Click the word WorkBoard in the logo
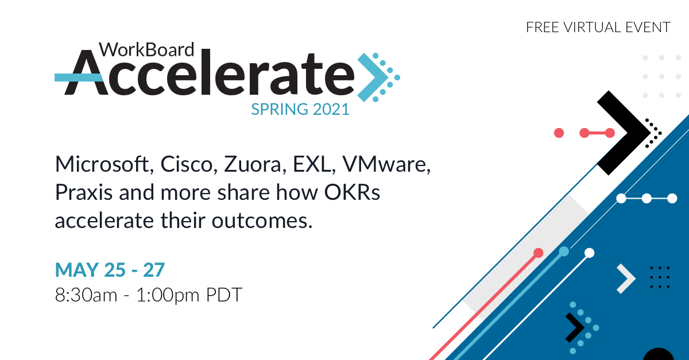[146, 51]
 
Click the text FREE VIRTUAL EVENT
[598, 27]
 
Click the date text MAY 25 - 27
[110, 269]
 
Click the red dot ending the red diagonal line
[538, 253]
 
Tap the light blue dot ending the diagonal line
[564, 251]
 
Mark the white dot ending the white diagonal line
[589, 253]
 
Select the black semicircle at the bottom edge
[658, 355]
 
